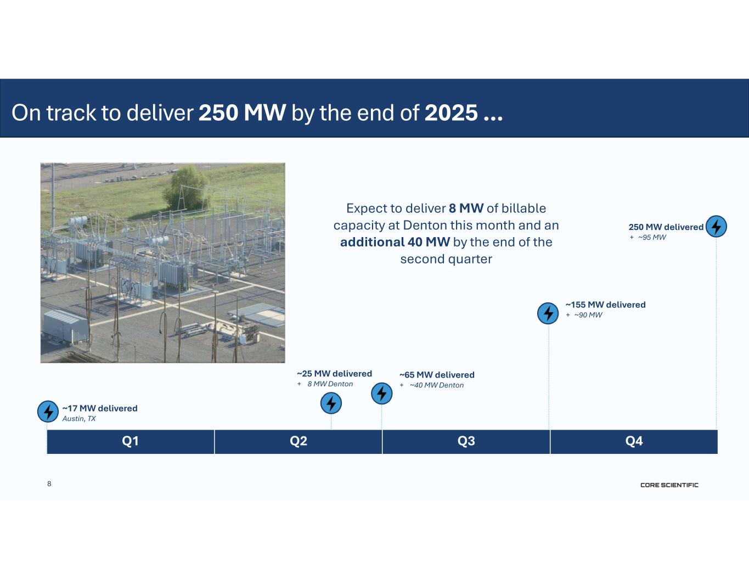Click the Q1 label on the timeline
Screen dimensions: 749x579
(130, 441)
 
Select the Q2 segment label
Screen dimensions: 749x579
(298, 441)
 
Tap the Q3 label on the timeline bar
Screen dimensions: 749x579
(466, 441)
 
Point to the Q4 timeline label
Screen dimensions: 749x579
(634, 441)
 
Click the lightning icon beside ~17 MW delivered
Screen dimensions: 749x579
(48, 411)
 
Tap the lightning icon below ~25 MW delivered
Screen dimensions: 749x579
(331, 403)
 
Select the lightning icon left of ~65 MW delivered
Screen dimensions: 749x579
(381, 394)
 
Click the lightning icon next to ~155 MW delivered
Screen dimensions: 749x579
(548, 313)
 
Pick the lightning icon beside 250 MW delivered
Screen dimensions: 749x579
(716, 227)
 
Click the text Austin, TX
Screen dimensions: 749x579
(79, 419)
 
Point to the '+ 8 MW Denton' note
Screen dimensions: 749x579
(325, 384)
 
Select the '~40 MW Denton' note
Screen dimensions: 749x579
(437, 385)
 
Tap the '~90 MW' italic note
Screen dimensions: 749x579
(588, 315)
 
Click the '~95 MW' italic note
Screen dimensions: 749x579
(652, 238)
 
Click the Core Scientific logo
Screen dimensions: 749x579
(669, 485)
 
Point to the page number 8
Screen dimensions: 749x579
(49, 484)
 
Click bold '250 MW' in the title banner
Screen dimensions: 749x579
(243, 113)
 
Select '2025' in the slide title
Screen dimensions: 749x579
(451, 113)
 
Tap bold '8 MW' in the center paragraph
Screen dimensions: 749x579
(466, 208)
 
